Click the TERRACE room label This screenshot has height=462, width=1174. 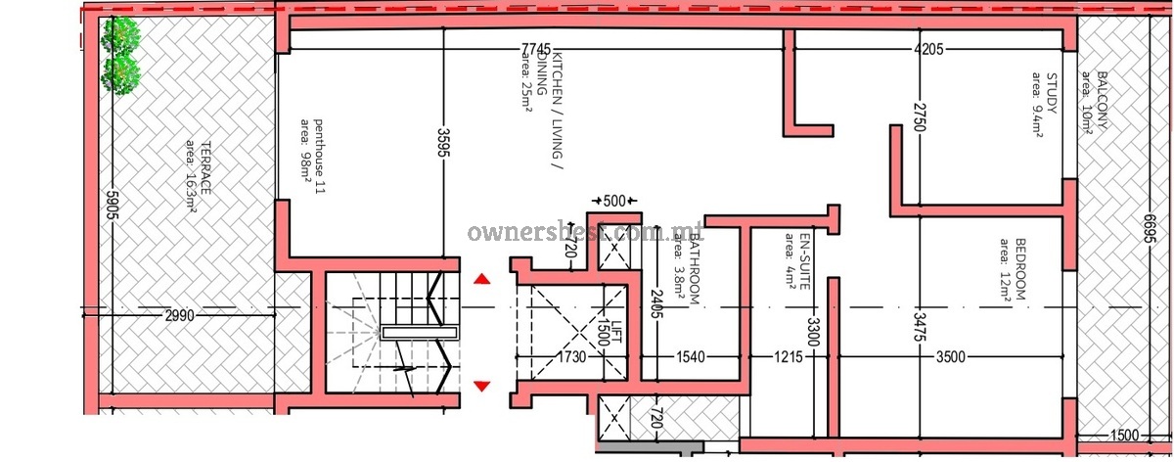coord(206,167)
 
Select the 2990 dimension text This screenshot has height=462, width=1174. coord(179,316)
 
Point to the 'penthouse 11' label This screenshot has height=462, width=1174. coord(319,157)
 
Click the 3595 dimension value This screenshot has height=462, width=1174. coord(444,142)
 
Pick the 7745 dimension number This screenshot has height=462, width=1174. coord(536,49)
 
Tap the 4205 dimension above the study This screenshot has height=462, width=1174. coord(928,49)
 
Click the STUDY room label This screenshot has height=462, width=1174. coord(1052,93)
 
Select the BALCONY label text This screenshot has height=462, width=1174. coord(1102,100)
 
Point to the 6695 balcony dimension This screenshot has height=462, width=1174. coord(1150,228)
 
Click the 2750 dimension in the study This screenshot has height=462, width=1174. coord(920,117)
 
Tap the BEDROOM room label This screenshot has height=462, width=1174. coord(1019,269)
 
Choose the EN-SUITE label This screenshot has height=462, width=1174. coord(804,261)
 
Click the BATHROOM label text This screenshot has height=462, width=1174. coord(695,268)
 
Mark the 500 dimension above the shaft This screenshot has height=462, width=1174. coord(614,201)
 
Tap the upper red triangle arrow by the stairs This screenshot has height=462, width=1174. coord(482,279)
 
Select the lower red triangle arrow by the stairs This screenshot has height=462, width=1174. coord(482,387)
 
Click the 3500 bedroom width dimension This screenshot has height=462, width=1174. coord(951,357)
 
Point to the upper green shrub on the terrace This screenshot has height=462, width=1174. coord(121,35)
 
